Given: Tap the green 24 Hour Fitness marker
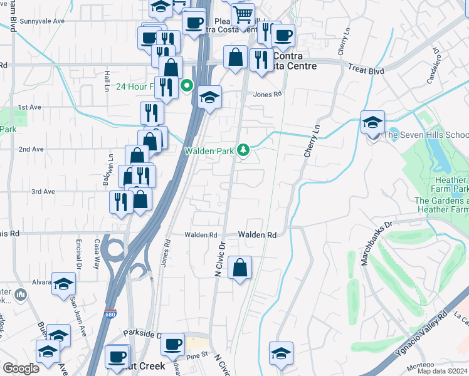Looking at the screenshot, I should pyautogui.click(x=186, y=86).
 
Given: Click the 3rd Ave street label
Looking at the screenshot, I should pyautogui.click(x=43, y=192).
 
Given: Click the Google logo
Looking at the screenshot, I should pyautogui.click(x=21, y=368).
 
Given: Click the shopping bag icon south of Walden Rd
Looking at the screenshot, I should pyautogui.click(x=240, y=268).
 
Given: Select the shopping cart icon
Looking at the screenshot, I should pyautogui.click(x=243, y=14).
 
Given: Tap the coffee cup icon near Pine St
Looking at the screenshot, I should pyautogui.click(x=172, y=343).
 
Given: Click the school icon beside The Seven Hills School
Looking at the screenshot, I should pyautogui.click(x=372, y=122).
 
